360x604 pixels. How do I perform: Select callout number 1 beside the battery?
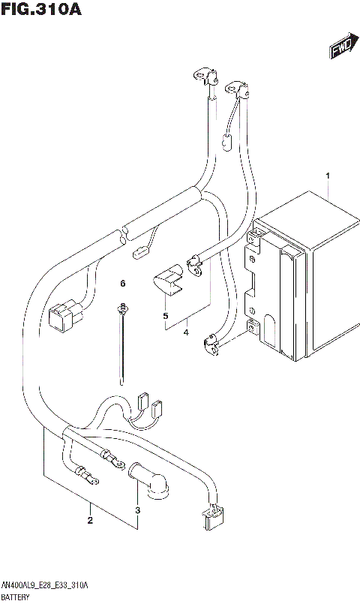(328, 175)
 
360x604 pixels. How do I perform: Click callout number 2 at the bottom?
(90, 520)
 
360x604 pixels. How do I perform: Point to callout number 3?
(137, 511)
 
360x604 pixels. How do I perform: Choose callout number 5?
(165, 316)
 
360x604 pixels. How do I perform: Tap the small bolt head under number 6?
(122, 307)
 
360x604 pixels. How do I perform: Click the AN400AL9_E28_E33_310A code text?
(45, 584)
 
